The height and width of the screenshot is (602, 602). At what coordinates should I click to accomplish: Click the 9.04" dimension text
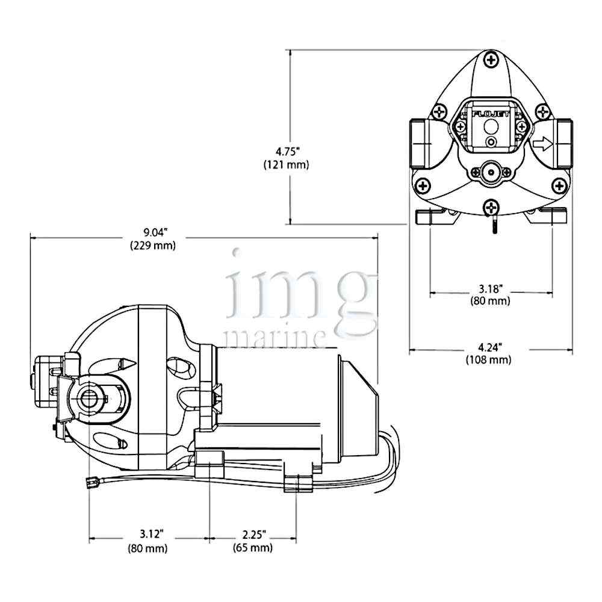click(x=155, y=232)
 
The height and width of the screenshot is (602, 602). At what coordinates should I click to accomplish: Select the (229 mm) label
click(x=153, y=245)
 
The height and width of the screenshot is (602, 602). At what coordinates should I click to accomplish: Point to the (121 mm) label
click(x=286, y=164)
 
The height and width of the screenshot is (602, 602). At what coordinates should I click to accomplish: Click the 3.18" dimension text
click(x=490, y=288)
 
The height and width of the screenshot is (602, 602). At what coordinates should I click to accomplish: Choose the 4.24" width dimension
click(x=490, y=347)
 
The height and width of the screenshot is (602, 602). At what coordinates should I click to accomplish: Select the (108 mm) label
click(x=489, y=360)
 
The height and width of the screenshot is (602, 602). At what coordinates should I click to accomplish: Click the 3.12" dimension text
click(x=151, y=533)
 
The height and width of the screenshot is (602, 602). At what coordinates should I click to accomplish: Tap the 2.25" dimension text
click(x=254, y=534)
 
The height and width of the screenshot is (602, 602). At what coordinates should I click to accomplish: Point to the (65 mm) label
click(x=253, y=547)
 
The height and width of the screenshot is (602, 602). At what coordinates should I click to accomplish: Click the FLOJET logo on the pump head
click(x=491, y=114)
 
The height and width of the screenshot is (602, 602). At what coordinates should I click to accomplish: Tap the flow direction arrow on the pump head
click(x=542, y=144)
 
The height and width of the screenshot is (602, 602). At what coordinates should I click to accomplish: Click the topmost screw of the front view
click(x=491, y=60)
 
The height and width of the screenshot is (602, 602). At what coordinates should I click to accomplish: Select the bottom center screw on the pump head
click(x=491, y=208)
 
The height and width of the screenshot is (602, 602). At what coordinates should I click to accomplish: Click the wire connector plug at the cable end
click(x=91, y=482)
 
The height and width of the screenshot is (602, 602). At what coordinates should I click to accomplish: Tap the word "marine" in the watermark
click(x=275, y=338)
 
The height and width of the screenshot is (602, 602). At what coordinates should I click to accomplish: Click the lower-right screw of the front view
click(x=559, y=186)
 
